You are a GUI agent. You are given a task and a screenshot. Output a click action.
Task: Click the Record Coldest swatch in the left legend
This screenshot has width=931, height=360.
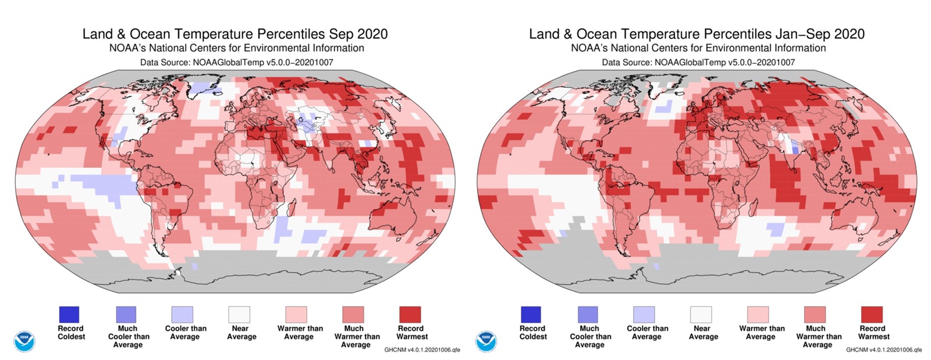point(69,315)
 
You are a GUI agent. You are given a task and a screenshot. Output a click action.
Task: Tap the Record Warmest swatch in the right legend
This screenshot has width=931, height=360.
point(871,315)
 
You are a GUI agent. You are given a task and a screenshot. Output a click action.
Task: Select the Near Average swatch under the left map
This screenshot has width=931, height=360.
point(240,315)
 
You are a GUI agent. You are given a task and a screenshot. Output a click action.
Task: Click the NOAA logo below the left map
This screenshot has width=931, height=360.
point(24,341)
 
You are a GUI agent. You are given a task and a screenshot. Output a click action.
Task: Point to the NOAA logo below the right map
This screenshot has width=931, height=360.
point(486,341)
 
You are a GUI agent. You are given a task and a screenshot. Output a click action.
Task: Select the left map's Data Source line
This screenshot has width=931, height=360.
point(236,62)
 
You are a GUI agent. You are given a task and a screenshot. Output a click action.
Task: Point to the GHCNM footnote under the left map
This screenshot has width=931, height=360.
point(422,350)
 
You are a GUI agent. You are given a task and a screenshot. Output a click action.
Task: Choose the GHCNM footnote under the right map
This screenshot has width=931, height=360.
point(883,350)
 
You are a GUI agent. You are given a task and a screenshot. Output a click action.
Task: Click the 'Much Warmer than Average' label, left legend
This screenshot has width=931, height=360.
point(357,337)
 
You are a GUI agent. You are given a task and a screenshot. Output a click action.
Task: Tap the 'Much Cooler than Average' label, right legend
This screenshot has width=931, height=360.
point(590,337)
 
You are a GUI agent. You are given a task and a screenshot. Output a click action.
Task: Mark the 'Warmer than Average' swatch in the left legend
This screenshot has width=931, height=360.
point(297,315)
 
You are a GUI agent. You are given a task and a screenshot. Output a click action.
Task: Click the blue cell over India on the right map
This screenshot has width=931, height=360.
point(795,148)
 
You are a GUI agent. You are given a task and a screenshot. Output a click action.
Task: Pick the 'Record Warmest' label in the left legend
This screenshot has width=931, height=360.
point(411,333)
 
